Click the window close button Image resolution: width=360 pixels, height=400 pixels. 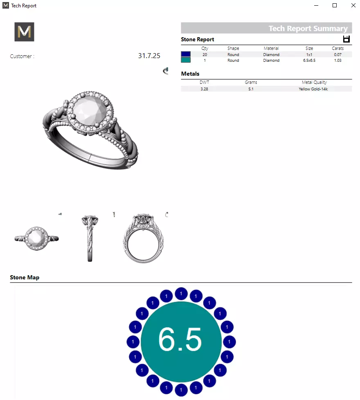(x=353, y=5)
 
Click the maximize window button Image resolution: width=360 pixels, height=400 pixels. (x=335, y=5)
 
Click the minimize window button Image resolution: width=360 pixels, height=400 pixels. (x=316, y=5)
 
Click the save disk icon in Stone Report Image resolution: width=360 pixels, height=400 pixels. (x=346, y=39)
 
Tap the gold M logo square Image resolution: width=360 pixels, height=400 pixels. (x=24, y=32)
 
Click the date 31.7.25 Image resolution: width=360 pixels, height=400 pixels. (x=149, y=56)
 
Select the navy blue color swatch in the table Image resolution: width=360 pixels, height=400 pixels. (x=186, y=54)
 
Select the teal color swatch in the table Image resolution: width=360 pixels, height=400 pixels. (x=186, y=60)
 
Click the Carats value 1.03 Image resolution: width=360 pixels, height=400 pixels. (x=337, y=61)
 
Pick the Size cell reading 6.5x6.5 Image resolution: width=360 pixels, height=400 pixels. (x=309, y=61)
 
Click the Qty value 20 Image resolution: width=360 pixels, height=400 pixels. (x=205, y=54)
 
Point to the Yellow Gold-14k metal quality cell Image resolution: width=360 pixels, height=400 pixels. (x=313, y=89)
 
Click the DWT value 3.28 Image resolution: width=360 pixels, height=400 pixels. (x=204, y=89)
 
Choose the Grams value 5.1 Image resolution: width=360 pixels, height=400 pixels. (x=251, y=89)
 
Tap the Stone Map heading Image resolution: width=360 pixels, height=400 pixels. (x=25, y=277)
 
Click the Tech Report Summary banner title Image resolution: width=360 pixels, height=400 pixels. (x=308, y=29)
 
